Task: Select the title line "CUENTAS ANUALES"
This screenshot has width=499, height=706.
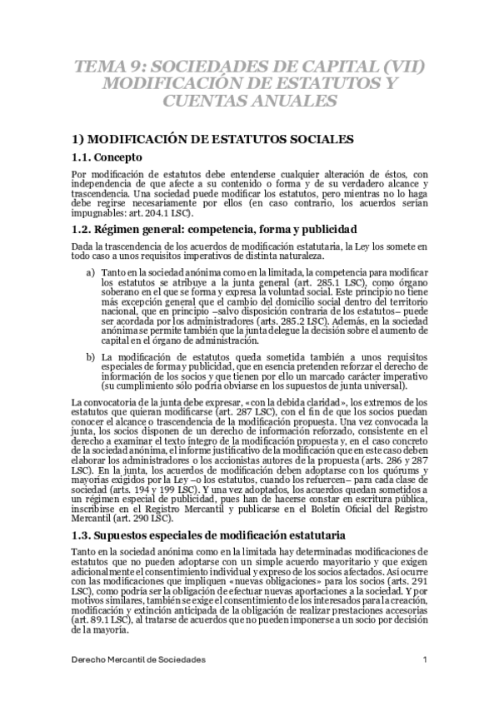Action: (x=250, y=101)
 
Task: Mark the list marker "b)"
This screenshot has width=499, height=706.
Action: (x=91, y=356)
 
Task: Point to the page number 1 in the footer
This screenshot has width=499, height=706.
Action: (x=425, y=659)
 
